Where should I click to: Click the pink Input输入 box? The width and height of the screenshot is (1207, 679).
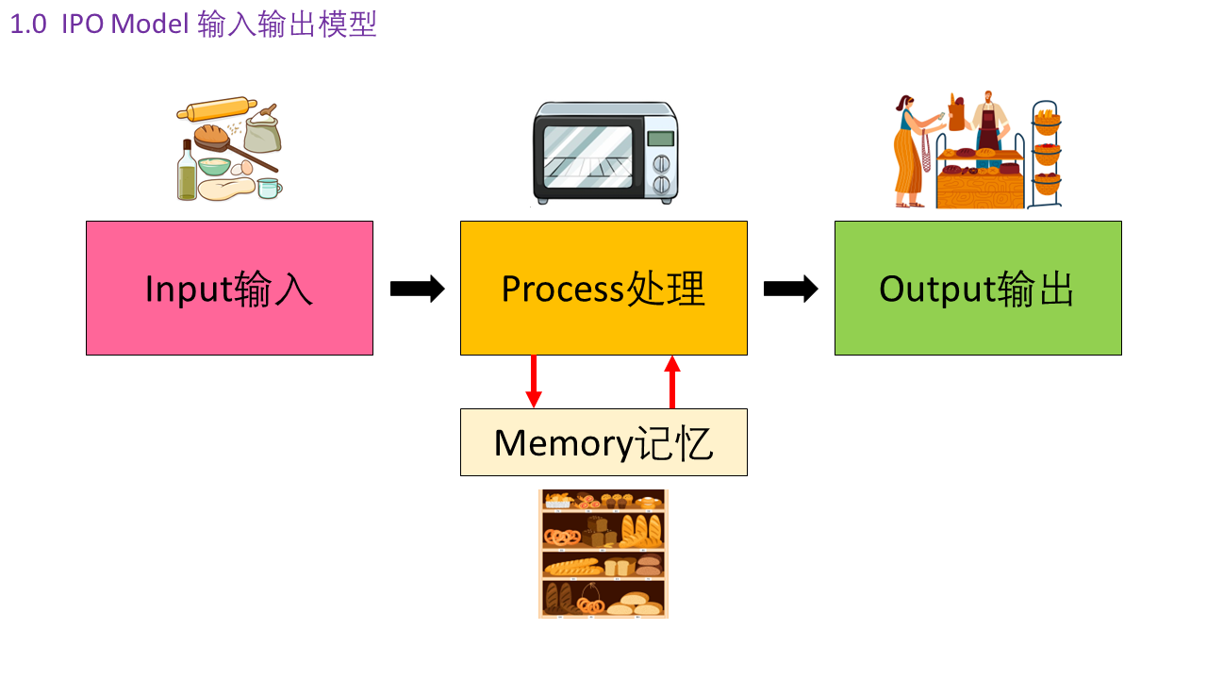tap(229, 288)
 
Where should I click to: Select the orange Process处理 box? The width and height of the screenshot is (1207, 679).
tap(603, 288)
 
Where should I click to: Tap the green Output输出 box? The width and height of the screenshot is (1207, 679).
tap(978, 288)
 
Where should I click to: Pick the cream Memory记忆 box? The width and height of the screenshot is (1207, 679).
tap(603, 442)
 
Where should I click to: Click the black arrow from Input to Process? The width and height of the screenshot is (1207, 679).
tap(417, 289)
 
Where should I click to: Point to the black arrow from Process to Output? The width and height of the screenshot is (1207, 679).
tap(790, 289)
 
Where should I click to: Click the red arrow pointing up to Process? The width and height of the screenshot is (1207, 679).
tap(672, 381)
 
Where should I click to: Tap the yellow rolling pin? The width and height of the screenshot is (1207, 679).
tap(217, 109)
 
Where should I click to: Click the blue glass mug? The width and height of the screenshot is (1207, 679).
tap(270, 188)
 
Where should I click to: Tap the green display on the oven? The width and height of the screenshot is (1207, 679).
tap(661, 139)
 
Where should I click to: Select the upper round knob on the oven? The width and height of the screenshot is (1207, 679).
tap(661, 160)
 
